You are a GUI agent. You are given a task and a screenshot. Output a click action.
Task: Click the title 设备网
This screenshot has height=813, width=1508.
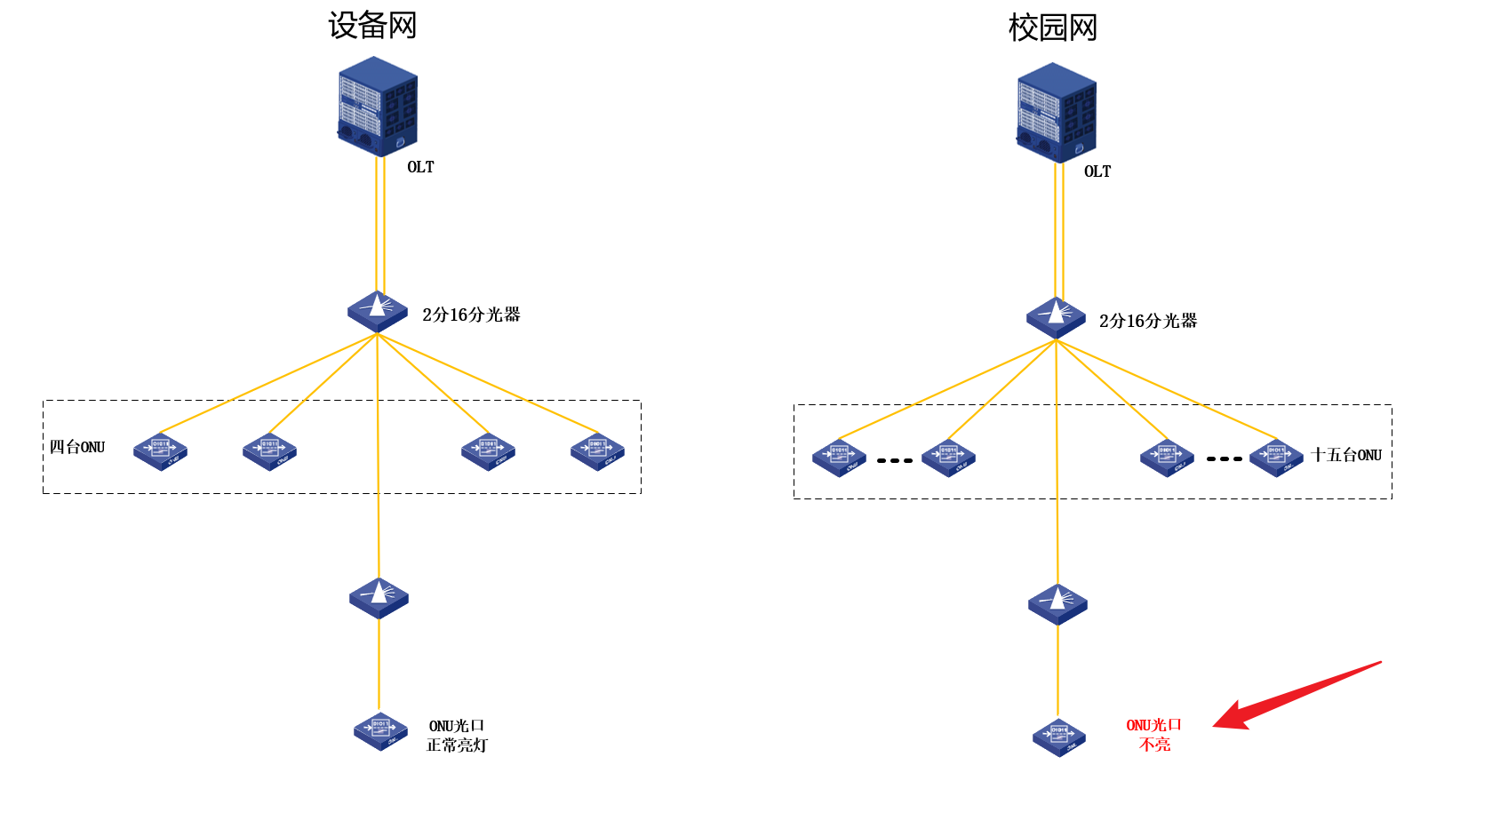[x=372, y=26]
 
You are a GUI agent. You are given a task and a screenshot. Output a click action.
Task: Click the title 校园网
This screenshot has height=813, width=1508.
[x=1052, y=28]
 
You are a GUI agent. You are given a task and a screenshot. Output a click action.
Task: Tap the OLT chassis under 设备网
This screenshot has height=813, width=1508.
[x=378, y=107]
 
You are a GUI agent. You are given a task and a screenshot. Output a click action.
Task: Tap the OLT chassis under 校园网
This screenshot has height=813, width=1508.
[x=1057, y=113]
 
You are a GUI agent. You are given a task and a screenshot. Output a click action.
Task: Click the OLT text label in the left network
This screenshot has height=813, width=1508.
[x=420, y=167]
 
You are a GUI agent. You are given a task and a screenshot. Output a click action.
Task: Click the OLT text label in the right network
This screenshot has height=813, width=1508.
[x=1097, y=171]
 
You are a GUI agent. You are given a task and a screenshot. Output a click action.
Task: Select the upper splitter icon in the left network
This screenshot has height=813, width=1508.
[x=378, y=311]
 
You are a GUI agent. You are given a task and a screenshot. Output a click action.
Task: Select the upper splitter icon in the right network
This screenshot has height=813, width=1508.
[x=1056, y=317]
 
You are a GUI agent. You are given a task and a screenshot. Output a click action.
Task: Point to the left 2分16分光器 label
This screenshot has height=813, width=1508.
[x=471, y=315]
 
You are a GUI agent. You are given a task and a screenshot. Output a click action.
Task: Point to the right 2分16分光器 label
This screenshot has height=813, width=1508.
[x=1148, y=321]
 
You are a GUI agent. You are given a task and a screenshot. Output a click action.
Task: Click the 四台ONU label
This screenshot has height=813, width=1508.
[x=77, y=447]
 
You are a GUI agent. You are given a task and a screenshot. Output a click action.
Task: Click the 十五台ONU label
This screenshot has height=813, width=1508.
[x=1346, y=455]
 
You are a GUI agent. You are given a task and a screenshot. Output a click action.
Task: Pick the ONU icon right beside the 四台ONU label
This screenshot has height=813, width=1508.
[x=160, y=451]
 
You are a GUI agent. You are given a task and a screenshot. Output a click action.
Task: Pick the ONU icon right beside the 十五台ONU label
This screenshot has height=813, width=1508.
[x=1276, y=458]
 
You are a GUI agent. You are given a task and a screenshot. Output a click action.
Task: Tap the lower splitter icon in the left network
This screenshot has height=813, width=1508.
[x=379, y=598]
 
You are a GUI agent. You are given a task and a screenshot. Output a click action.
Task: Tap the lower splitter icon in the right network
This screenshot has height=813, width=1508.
[x=1057, y=604]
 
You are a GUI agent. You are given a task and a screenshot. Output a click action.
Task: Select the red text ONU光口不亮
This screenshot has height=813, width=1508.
[x=1154, y=735]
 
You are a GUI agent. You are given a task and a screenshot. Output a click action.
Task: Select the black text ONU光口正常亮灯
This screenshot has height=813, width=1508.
[x=457, y=736]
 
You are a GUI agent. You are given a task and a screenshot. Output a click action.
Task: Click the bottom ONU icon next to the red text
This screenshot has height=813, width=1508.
[x=1059, y=737]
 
